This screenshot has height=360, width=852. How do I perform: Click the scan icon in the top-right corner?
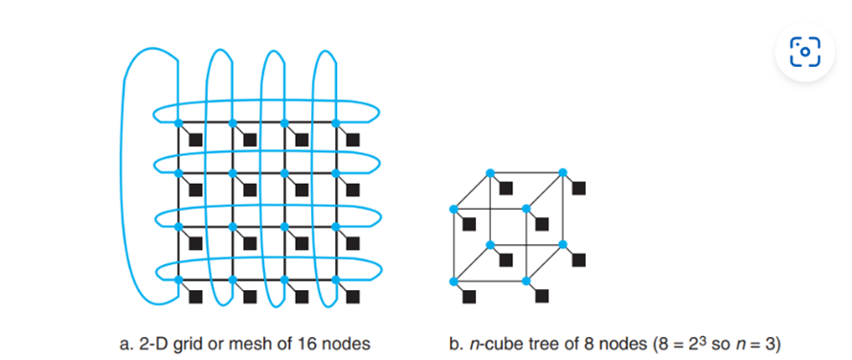tap(805, 51)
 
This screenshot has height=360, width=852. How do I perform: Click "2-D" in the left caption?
tap(156, 342)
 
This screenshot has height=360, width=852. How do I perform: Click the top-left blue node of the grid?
tap(179, 123)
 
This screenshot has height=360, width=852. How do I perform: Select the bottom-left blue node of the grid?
tap(179, 280)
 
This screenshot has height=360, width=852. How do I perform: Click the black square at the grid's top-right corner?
tap(352, 140)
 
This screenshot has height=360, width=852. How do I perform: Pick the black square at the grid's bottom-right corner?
tap(352, 296)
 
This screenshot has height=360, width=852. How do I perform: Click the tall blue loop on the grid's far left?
tap(134, 172)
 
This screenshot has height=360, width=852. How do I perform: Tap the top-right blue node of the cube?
tap(562, 172)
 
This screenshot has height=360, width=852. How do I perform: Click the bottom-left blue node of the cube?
tap(454, 281)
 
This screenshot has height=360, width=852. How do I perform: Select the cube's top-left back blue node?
tap(489, 172)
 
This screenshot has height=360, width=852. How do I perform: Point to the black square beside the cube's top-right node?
tap(578, 188)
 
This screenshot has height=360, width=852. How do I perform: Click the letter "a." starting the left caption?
tap(126, 342)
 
